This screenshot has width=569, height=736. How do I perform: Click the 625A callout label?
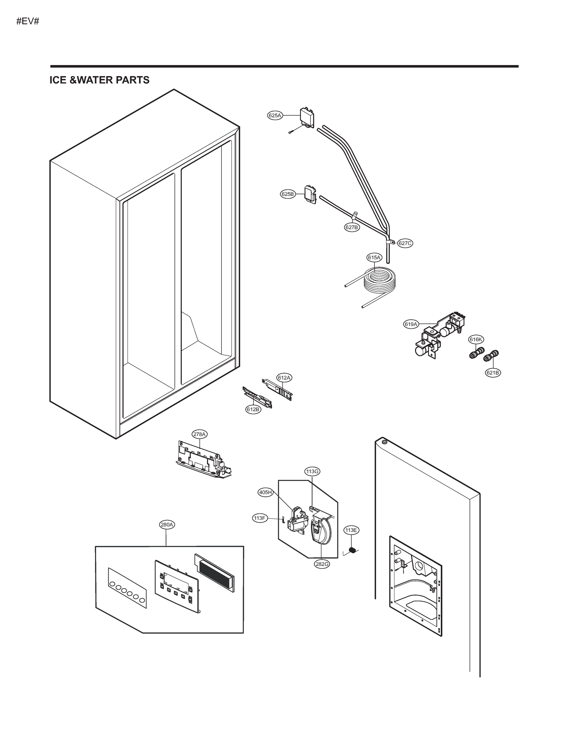[275, 116]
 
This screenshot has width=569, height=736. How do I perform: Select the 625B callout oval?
[287, 194]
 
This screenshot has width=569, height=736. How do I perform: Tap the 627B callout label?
[352, 227]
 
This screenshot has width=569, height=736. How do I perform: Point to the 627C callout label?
[405, 243]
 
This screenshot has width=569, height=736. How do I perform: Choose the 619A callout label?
[411, 324]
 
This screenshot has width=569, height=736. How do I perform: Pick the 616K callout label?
[476, 339]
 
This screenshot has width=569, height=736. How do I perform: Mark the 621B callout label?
[493, 372]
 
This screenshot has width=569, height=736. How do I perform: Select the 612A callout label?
[284, 378]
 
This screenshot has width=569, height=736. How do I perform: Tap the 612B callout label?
[253, 409]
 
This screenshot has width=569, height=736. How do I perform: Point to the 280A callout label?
[167, 525]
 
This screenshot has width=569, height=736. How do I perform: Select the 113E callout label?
[351, 530]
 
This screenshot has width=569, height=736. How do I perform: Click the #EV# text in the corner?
[28, 21]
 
